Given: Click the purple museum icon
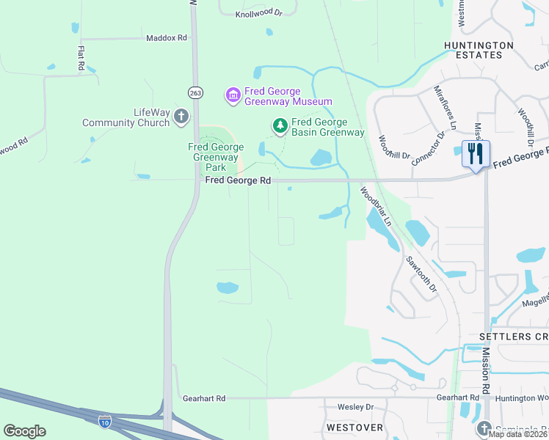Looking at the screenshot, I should click(233, 95).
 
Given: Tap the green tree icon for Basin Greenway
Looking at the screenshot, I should click(280, 127).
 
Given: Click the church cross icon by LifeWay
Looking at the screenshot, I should click(181, 117).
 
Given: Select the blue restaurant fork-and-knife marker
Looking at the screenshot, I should click(476, 154).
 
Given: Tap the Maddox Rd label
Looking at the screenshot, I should click(167, 38).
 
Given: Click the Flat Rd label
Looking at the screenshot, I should click(81, 59).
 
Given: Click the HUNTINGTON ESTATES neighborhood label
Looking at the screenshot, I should click(479, 50).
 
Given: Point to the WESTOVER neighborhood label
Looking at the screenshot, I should click(355, 427).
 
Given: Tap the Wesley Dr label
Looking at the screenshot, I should click(355, 407).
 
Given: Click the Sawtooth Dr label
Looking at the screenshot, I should click(421, 272).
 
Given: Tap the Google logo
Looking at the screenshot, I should click(24, 430).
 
